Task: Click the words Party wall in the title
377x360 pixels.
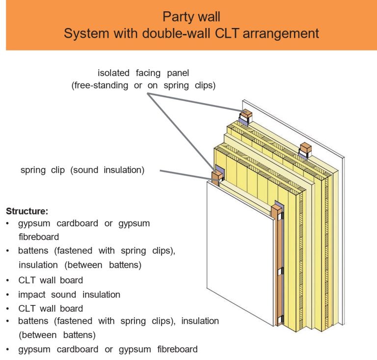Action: (188, 17)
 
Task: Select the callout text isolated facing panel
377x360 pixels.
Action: (143, 73)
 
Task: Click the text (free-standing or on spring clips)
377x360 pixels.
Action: (144, 85)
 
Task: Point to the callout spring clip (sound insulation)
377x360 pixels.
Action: (82, 170)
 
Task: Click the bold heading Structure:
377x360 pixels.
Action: (27, 211)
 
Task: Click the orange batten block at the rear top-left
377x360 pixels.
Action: (245, 114)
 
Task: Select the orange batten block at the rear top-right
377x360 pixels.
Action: (305, 148)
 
